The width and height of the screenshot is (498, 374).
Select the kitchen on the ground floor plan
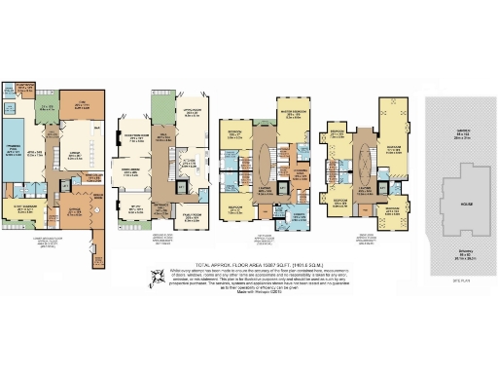194,156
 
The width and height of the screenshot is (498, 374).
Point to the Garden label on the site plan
454,135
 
